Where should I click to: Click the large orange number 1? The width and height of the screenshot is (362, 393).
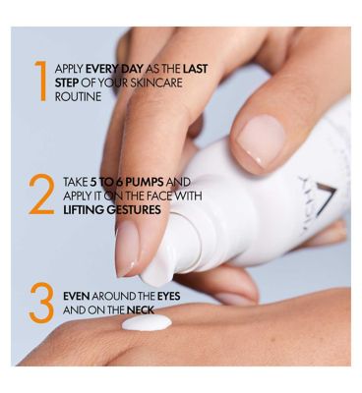[41, 81]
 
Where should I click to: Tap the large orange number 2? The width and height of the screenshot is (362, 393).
[41, 195]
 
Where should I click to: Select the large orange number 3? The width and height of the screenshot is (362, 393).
[41, 303]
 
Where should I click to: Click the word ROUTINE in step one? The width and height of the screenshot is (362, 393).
[78, 97]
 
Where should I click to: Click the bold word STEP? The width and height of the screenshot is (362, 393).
[67, 83]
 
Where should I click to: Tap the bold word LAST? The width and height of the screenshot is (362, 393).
[195, 69]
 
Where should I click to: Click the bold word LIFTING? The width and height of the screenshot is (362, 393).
[85, 209]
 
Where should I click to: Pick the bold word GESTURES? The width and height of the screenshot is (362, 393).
[134, 209]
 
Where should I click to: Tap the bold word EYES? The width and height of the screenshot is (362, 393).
[168, 297]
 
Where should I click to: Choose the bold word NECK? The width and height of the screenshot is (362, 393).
[141, 310]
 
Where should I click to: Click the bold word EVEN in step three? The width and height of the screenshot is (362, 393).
[77, 297]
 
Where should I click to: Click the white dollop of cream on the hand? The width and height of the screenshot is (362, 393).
[147, 322]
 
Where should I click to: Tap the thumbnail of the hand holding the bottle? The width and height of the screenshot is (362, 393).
[262, 140]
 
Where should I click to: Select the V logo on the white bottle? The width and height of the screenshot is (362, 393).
[326, 200]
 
